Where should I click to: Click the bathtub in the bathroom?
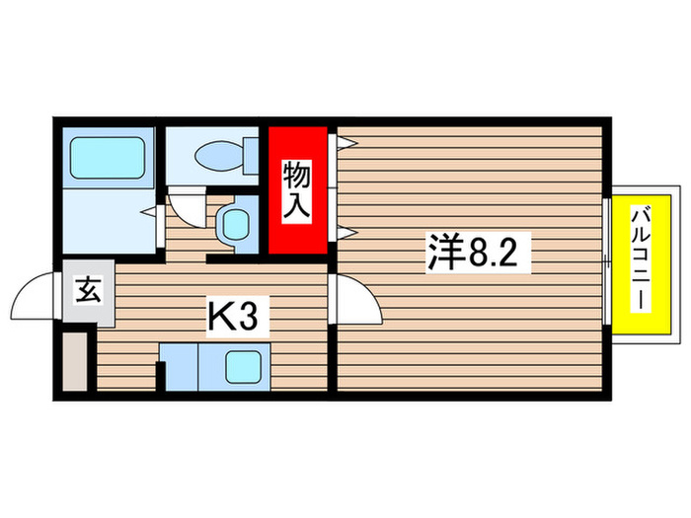pyautogui.click(x=107, y=157)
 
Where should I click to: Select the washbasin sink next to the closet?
pyautogui.click(x=235, y=225)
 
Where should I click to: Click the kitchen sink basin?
pyautogui.click(x=243, y=369)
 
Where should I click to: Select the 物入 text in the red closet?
pyautogui.click(x=298, y=190)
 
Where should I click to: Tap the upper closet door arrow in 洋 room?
pyautogui.click(x=345, y=142)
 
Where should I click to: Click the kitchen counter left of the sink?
pyautogui.click(x=181, y=367)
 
